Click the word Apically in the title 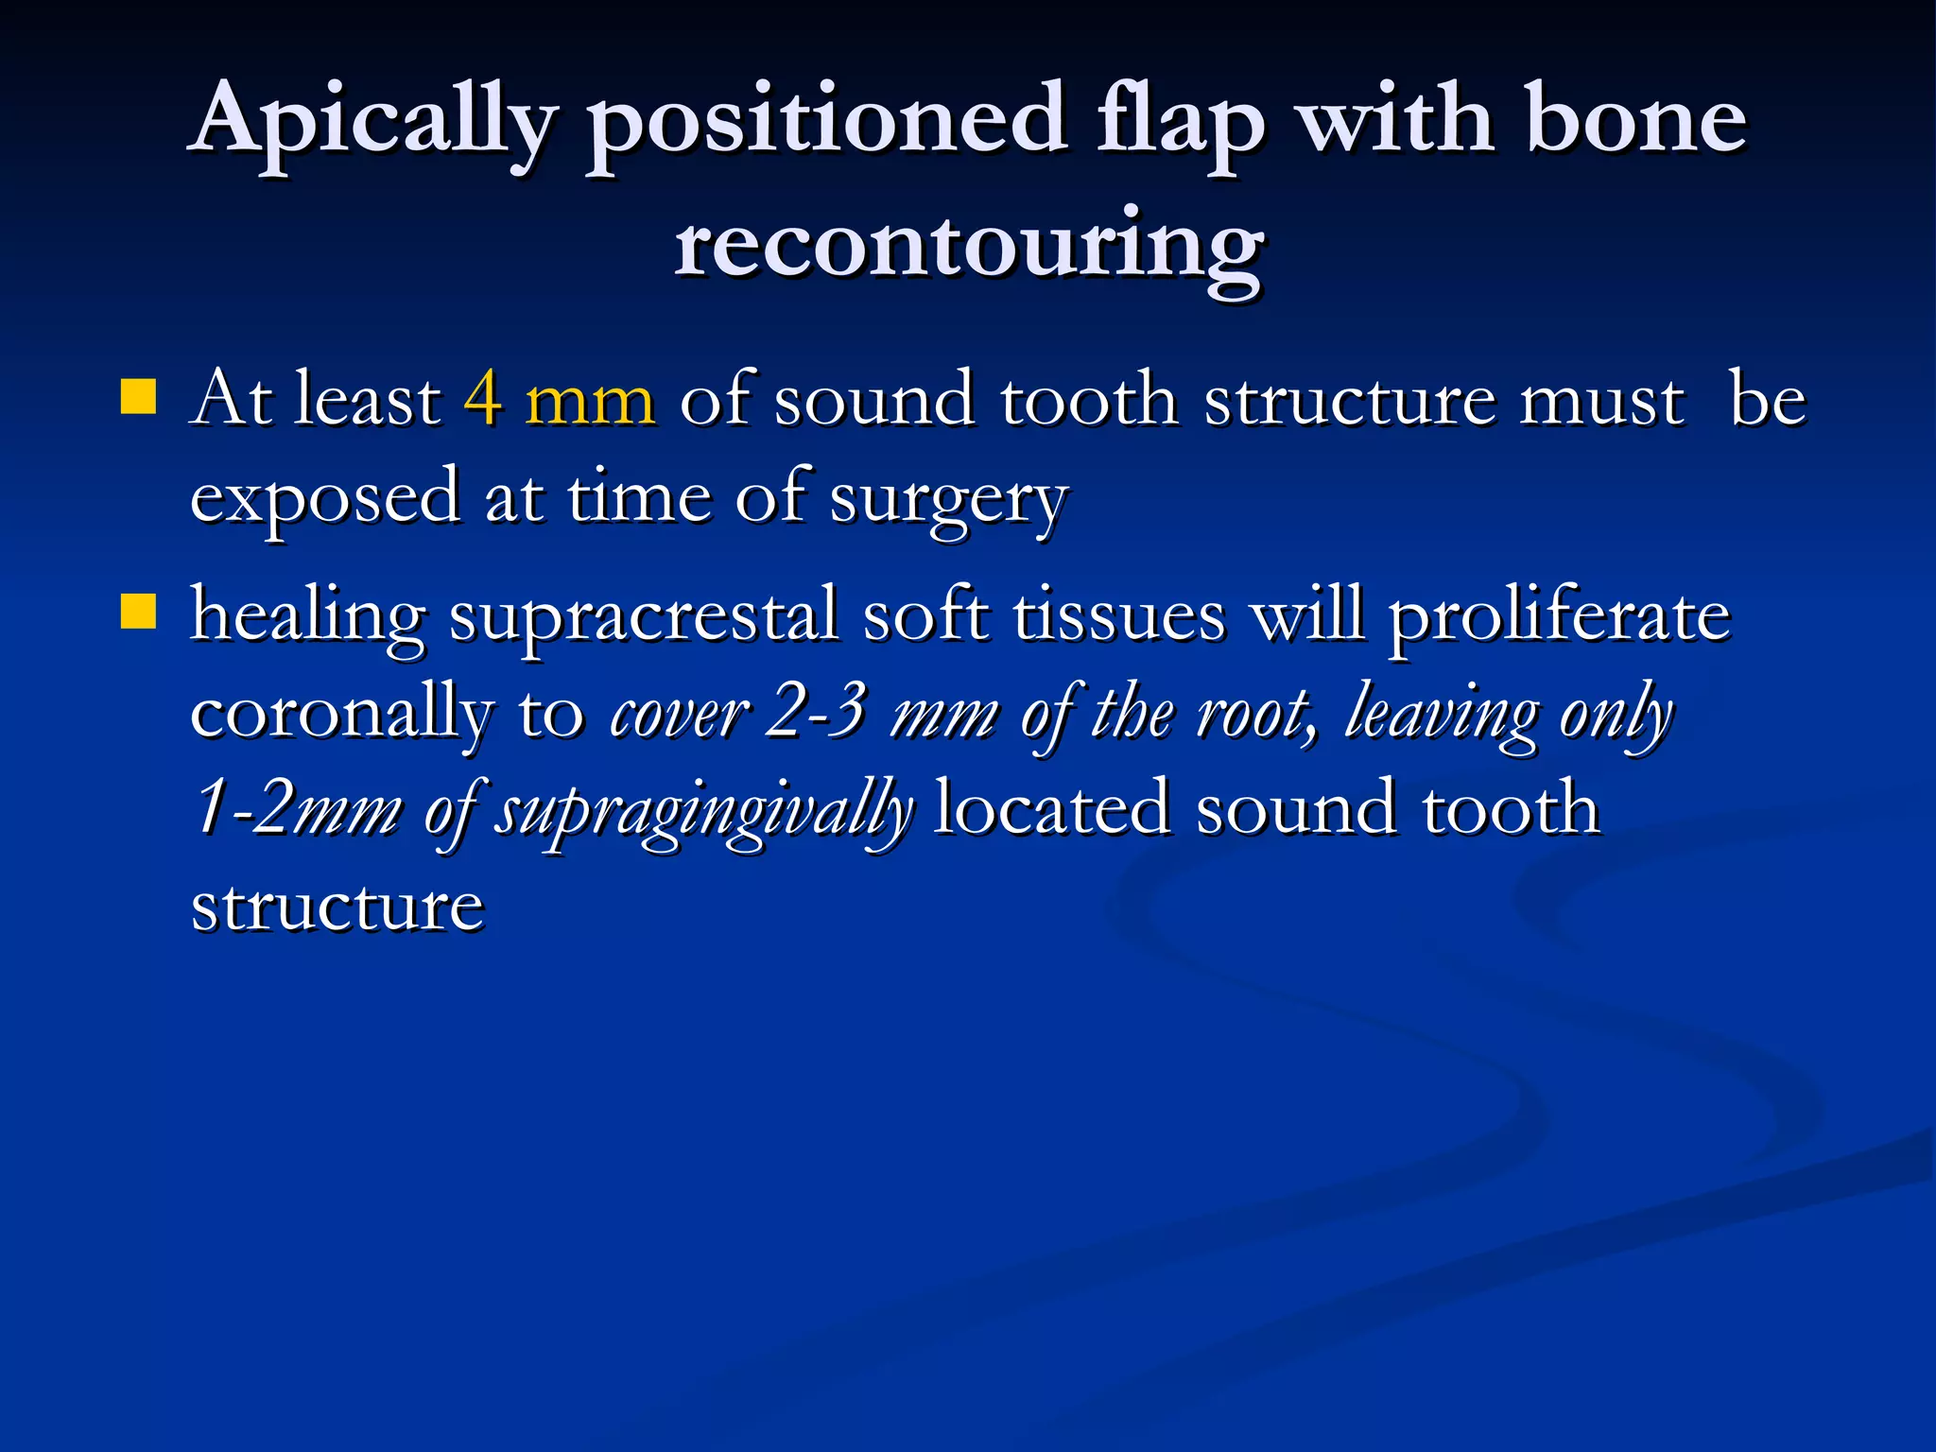pyautogui.click(x=373, y=123)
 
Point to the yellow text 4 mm pyautogui.click(x=559, y=400)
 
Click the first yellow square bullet pyautogui.click(x=139, y=397)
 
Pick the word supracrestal pyautogui.click(x=643, y=617)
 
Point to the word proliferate pyautogui.click(x=1560, y=617)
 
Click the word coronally pyautogui.click(x=341, y=713)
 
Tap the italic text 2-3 pyautogui.click(x=815, y=713)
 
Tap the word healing pyautogui.click(x=307, y=617)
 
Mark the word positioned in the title pyautogui.click(x=827, y=123)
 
